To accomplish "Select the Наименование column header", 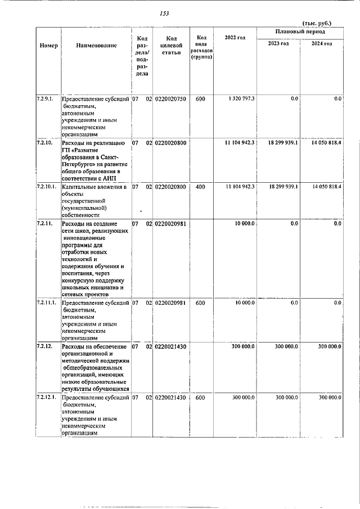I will pos(96,45).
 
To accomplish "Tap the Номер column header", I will pos(49,45).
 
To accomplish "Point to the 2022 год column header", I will pos(235,38).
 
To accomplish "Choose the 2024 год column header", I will pos(322,44).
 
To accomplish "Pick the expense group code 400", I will pos(200,186).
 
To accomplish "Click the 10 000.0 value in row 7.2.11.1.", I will pos(245,303).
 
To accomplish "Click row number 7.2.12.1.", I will pos(47,398).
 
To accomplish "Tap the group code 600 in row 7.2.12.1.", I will pos(200,398).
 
